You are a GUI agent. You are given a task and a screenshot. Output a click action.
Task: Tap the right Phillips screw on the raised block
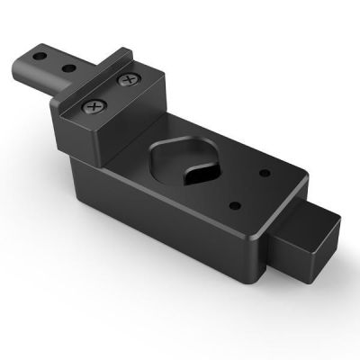pyautogui.click(x=130, y=81)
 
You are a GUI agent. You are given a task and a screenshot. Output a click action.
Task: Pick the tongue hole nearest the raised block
pyautogui.click(x=67, y=66)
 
